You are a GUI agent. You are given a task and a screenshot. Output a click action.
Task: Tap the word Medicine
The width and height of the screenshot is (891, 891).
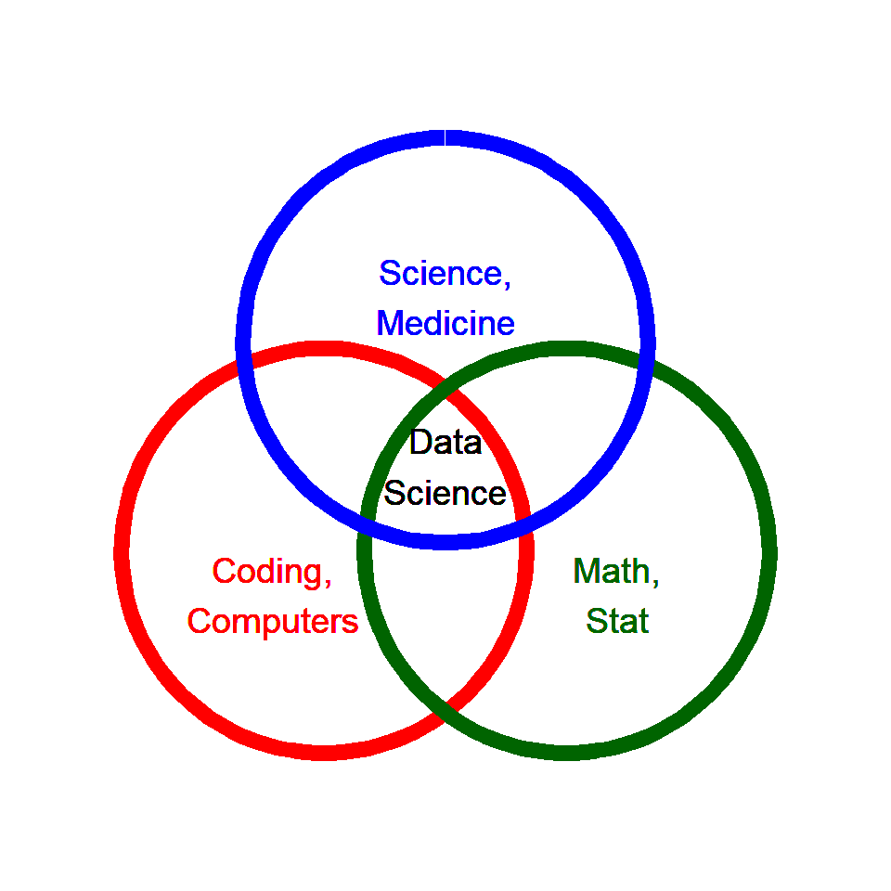tap(445, 323)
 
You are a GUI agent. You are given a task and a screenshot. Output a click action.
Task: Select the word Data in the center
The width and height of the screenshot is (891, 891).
tap(445, 443)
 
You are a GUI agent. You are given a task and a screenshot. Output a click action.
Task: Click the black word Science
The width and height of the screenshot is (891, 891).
tap(445, 493)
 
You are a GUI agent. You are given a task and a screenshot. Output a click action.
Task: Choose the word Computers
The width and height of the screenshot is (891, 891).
tap(273, 621)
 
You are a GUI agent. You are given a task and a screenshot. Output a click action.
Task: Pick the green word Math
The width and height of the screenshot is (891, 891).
tap(611, 571)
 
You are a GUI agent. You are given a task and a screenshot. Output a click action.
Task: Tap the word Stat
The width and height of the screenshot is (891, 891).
tap(617, 621)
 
